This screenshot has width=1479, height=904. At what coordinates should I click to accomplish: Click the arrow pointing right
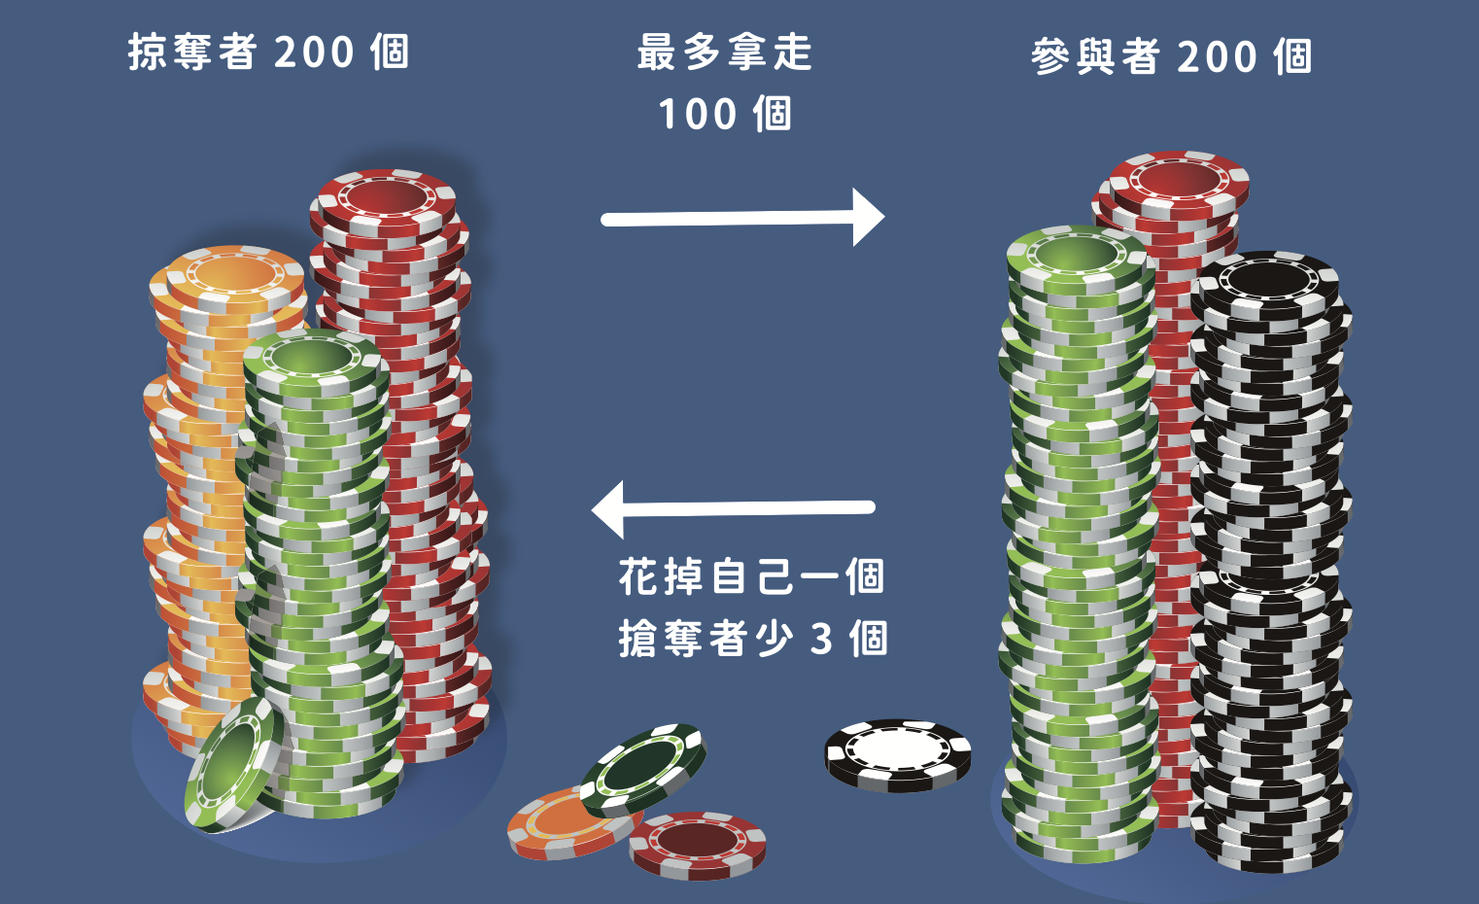point(742,218)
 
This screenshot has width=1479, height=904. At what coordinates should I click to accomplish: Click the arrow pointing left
point(733,508)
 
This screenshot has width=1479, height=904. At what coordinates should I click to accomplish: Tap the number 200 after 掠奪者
point(314,52)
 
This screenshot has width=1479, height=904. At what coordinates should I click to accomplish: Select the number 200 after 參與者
point(1217,57)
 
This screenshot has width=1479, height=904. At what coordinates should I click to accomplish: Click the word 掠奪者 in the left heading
point(192,52)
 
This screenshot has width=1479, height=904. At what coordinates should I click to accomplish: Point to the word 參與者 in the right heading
point(1095,57)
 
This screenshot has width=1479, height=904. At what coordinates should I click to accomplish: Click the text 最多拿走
point(725,52)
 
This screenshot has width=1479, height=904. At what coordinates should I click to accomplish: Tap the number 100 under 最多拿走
point(698,115)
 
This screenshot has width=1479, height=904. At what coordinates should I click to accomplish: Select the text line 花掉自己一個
point(751,576)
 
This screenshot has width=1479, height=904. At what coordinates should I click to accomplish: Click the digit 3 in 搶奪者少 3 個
point(822,640)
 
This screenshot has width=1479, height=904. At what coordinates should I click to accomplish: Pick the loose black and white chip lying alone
point(898,754)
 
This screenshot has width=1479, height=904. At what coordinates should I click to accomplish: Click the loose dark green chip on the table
point(643,768)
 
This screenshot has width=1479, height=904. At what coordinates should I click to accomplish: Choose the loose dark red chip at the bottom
point(698,843)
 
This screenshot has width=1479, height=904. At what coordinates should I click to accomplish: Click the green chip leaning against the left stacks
point(233,764)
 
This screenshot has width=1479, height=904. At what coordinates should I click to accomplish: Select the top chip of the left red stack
point(384,198)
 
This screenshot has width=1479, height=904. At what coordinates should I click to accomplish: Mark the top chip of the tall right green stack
point(1079,257)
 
